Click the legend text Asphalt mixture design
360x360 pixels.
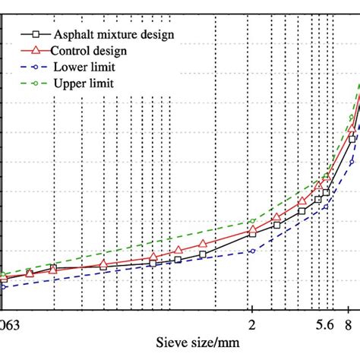tap(113, 34)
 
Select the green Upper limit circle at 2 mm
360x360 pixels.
tap(252, 222)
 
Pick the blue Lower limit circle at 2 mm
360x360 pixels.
tap(252, 251)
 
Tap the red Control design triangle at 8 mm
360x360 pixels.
tap(352, 133)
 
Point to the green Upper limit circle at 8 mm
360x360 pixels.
tap(352, 118)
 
